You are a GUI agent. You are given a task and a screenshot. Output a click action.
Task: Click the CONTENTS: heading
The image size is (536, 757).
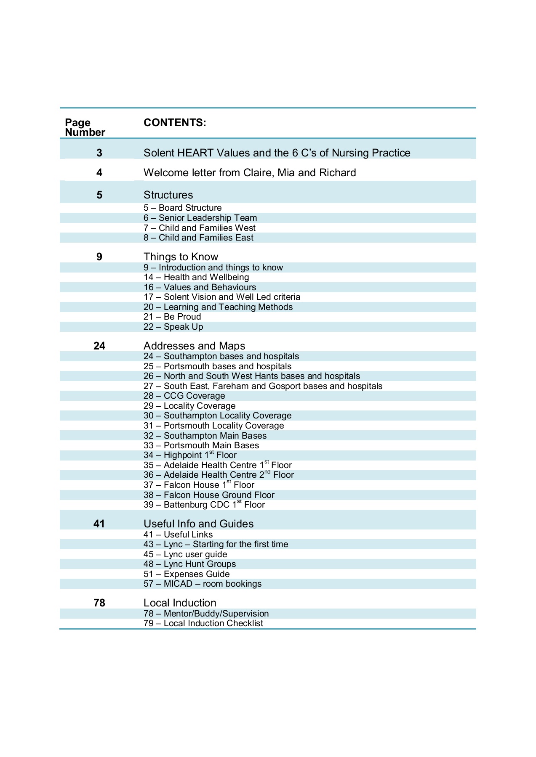click(175, 122)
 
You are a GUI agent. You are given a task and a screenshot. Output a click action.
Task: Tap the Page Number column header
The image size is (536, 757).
click(85, 127)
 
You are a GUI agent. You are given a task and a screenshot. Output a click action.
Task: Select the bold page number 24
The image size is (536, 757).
click(99, 346)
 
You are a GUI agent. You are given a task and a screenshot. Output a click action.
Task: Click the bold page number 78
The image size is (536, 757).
click(99, 603)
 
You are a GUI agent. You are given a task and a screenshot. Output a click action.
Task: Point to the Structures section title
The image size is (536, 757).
click(168, 195)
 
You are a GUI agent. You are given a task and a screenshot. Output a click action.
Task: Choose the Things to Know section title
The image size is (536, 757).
click(181, 257)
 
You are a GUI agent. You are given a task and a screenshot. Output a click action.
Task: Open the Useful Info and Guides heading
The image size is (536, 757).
click(198, 524)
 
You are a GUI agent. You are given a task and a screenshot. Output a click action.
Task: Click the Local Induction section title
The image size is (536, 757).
click(180, 603)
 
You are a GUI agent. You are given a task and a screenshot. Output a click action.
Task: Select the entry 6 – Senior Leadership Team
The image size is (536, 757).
click(200, 218)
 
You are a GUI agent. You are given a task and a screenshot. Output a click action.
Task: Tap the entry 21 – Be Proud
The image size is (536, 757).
click(172, 317)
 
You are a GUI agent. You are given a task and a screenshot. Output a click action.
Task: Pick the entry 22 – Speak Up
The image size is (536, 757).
click(173, 327)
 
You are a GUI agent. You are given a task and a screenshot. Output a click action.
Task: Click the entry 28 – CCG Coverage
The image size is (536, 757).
click(184, 396)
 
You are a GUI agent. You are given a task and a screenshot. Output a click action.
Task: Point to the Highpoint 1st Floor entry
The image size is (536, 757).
click(190, 455)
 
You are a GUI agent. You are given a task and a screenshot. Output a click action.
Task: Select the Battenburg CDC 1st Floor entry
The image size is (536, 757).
click(204, 505)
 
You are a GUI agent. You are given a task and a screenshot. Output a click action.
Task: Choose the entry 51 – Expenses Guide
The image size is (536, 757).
click(187, 574)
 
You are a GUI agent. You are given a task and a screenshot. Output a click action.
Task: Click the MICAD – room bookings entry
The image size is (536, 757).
click(203, 584)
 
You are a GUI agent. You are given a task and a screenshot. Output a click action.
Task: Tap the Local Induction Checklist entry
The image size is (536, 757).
click(203, 623)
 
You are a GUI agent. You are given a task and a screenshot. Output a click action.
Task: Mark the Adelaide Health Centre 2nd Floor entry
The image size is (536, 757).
click(219, 475)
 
